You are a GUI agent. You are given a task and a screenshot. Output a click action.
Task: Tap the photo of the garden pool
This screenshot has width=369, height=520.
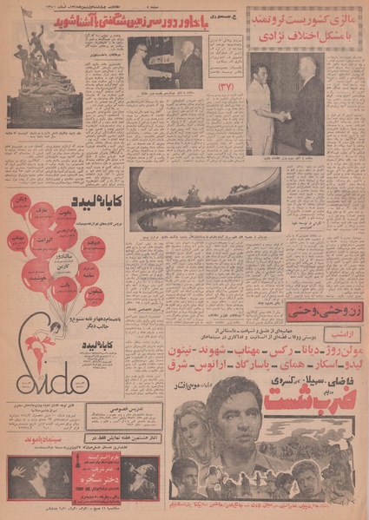pyautogui.click(x=203, y=198)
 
